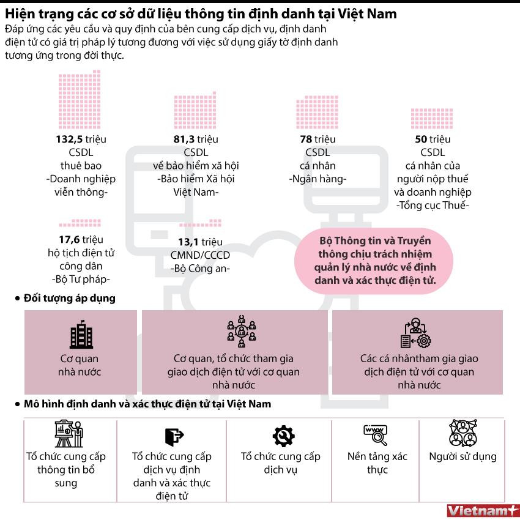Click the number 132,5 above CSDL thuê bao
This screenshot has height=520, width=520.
[x=69, y=139]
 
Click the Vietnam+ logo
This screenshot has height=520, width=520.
[x=482, y=510]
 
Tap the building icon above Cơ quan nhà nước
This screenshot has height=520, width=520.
[x=81, y=334]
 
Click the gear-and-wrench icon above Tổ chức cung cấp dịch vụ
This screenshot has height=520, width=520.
[x=283, y=436]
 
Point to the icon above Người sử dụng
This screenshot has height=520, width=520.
[x=462, y=434]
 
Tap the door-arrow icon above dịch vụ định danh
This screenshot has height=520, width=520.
[x=173, y=436]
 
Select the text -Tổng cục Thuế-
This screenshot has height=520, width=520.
[x=433, y=206]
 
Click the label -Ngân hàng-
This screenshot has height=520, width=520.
[x=318, y=179]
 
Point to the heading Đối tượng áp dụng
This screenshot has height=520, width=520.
[x=69, y=299]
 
